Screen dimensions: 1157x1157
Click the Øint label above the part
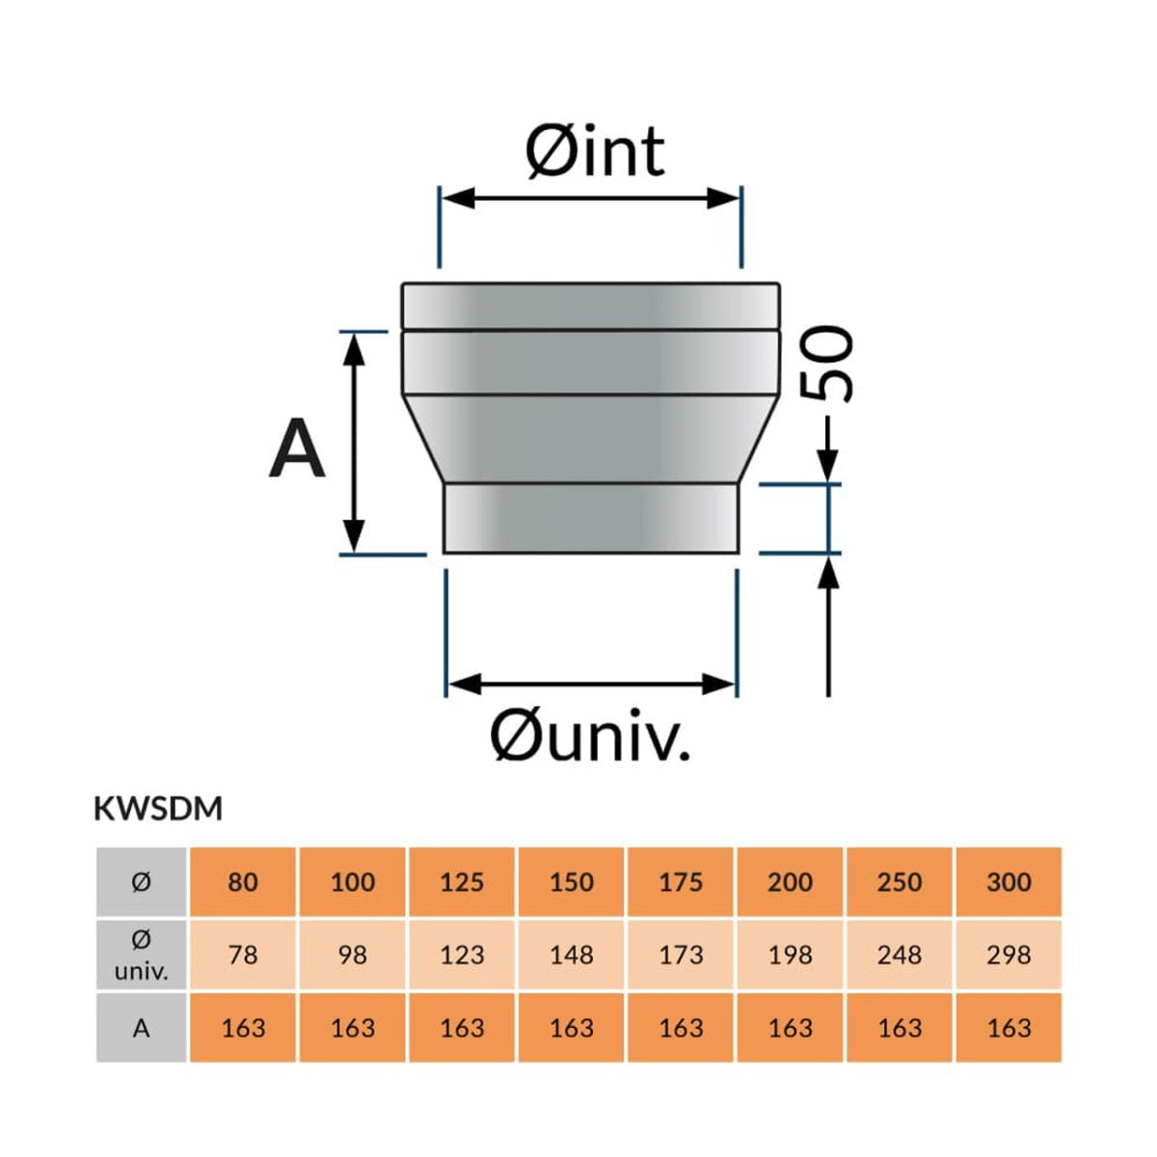point(595,151)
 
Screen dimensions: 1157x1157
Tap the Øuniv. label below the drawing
point(589,736)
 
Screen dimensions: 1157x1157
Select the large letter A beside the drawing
point(297,449)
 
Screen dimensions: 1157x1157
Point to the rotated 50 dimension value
point(827,363)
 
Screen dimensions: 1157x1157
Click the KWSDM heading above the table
point(158,809)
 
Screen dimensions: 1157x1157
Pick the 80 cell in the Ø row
point(243,881)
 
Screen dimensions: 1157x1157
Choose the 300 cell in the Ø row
point(1009,881)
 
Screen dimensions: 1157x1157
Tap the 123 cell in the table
point(462,955)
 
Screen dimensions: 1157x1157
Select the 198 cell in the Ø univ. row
point(790,955)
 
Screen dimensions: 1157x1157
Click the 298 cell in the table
point(1009,955)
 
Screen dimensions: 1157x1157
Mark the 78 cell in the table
point(243,955)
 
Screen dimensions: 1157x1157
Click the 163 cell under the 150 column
point(571,1028)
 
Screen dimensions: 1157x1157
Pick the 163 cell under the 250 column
point(899,1028)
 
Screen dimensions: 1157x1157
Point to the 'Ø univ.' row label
point(142,955)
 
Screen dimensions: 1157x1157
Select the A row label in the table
point(142,1028)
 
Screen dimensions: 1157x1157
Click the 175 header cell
point(681,881)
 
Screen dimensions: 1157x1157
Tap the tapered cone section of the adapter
point(590,439)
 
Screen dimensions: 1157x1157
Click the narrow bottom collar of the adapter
point(590,518)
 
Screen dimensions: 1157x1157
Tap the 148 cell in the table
point(571,955)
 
